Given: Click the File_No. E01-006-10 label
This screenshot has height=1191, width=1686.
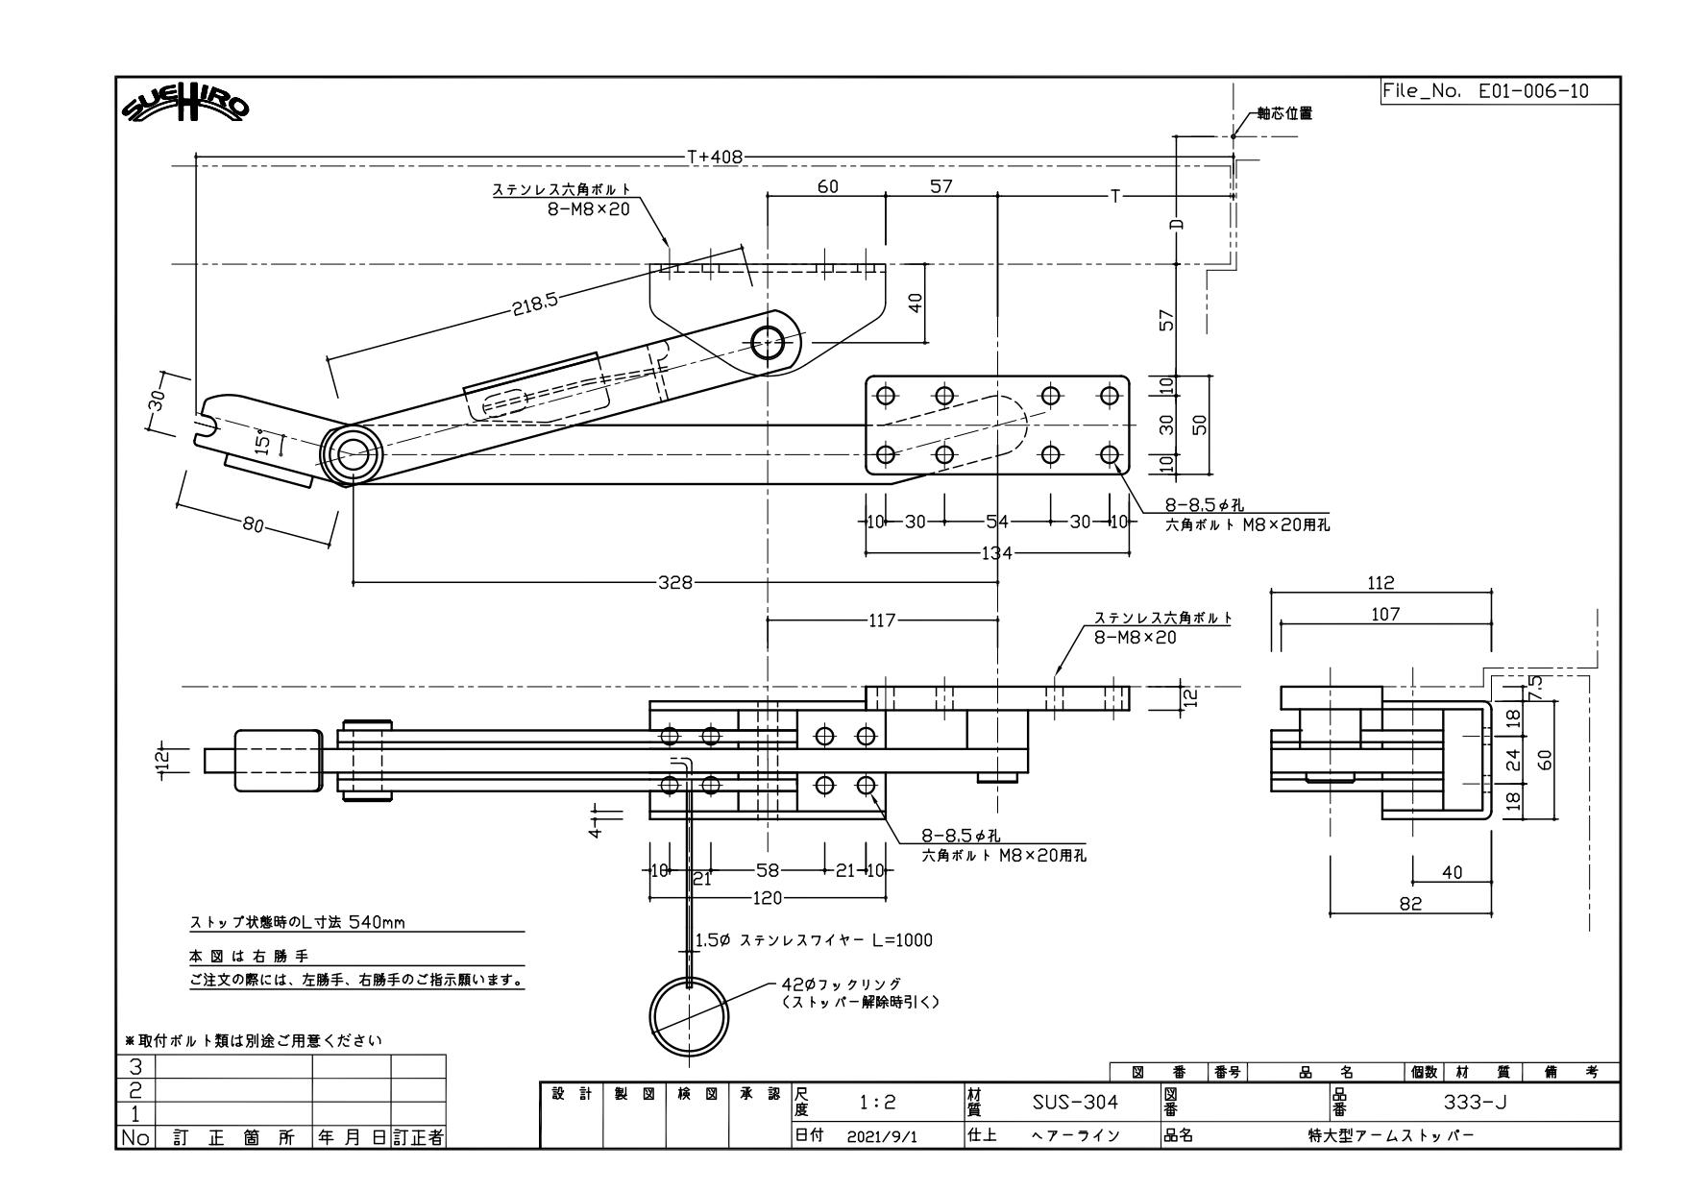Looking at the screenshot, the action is (x=1484, y=91).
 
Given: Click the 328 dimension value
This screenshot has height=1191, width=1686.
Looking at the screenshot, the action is (x=674, y=582).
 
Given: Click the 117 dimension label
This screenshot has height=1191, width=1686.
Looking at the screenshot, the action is (x=882, y=620).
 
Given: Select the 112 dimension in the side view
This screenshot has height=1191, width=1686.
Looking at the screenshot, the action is (x=1381, y=582).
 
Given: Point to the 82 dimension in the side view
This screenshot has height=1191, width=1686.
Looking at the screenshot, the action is (x=1410, y=903).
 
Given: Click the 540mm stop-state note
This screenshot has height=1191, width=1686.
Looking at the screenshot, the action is (x=298, y=923).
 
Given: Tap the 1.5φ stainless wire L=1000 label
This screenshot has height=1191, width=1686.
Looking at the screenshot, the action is (x=813, y=940).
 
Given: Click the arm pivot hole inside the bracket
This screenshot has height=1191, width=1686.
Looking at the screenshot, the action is (x=768, y=341).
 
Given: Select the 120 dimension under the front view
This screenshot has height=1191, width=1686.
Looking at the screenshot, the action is (x=769, y=898).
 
